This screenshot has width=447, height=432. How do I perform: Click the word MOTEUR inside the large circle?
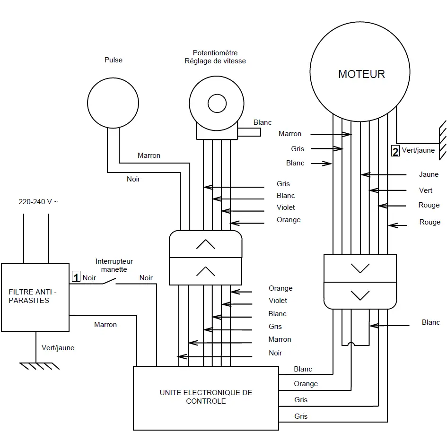(361, 74)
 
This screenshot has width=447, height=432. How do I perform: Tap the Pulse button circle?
(114, 104)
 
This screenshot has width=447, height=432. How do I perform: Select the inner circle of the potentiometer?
(217, 103)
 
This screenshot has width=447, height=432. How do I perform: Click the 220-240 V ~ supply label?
(38, 201)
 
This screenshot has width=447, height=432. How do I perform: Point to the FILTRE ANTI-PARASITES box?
(35, 297)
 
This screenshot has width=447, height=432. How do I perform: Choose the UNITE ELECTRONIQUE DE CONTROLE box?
(206, 397)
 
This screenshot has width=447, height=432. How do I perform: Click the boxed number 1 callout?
(76, 277)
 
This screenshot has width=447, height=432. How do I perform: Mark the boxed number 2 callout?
(395, 151)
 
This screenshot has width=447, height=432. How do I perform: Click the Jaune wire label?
(429, 174)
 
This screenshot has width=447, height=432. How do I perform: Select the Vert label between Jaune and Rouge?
(426, 190)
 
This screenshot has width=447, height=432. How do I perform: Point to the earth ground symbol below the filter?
(38, 366)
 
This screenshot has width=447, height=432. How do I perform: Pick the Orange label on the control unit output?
(306, 384)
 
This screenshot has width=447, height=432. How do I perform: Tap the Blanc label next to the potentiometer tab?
(263, 122)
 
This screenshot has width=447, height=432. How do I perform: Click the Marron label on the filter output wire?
(105, 325)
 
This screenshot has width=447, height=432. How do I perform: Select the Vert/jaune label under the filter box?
(58, 348)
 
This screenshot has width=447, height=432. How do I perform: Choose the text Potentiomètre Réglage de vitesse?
(215, 57)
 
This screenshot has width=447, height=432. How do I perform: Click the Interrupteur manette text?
(114, 265)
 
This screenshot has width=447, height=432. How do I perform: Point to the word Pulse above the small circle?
(114, 60)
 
